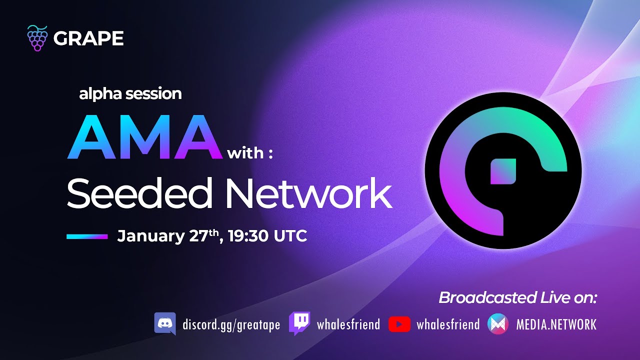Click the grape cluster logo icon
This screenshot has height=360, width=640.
37,38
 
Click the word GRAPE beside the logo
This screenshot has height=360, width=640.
88,38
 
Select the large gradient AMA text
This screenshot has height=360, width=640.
144,137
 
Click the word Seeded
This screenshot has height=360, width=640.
140,193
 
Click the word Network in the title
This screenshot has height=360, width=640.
309,193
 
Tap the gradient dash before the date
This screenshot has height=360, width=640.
87,236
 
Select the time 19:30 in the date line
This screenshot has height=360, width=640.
248,236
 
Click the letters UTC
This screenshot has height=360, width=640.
290,236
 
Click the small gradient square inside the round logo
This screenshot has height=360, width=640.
503,171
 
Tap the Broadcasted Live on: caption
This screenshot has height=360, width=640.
517,297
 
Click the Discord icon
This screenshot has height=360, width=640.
165,323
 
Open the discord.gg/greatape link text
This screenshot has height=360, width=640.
231,325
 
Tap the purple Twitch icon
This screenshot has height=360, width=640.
299,323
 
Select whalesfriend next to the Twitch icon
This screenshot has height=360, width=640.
348,324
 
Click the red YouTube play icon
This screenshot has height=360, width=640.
399,324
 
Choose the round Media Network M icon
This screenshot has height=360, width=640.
498,324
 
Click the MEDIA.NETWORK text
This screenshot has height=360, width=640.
556,324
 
